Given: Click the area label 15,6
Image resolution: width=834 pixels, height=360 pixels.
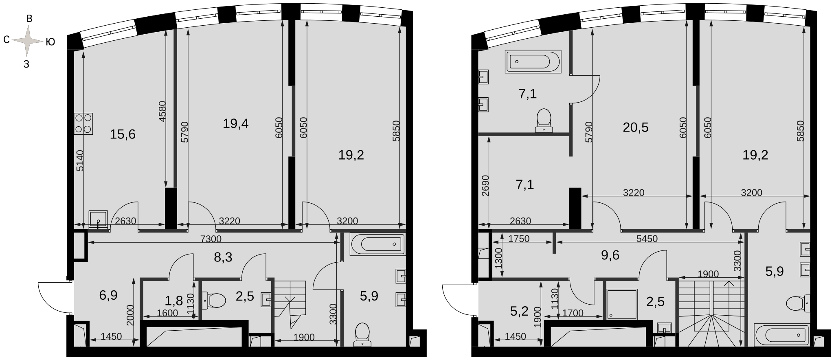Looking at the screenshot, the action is pos(123,134).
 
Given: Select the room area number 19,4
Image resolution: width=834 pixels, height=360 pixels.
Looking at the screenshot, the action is pos(236,123).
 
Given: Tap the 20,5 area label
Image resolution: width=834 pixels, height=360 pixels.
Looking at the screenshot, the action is pos(636,127).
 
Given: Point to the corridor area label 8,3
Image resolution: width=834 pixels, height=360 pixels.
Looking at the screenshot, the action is pos(223,257).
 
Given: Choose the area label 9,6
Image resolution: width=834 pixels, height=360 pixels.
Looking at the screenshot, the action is pos(610,255).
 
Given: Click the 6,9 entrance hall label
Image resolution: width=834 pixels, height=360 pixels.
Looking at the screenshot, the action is pos(108,295).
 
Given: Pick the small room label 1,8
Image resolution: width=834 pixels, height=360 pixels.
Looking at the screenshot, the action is pos(173,301).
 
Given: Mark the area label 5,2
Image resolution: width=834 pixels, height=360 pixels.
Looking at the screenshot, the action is pos(519,312).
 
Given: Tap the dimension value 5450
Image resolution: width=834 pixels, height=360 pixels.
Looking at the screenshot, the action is pos(647,239).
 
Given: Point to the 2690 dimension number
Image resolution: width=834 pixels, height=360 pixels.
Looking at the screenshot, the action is pos(485,186).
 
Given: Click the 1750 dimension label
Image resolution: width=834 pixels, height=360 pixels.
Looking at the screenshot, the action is pos(519,239).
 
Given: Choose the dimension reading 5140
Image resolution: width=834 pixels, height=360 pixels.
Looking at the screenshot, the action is pos(80,160).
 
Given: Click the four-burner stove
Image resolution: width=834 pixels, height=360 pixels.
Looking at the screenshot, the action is pos(83,123).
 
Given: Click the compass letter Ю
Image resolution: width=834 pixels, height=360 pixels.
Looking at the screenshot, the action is pos(50,42).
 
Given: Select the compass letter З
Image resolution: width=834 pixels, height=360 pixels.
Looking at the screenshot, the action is pos(26,64).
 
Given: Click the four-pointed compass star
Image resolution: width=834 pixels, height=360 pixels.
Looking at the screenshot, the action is pos(27,41).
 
